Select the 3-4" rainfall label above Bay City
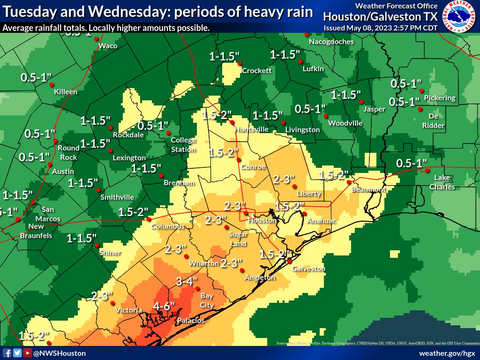tap(187, 282)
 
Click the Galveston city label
tap(308, 269)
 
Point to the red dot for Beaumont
tap(349, 182)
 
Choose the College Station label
tap(183, 144)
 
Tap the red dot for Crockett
tap(239, 63)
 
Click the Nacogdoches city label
tap(331, 42)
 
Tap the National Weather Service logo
tap(459, 16)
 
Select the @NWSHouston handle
tap(59, 353)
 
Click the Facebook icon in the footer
tap(7, 353)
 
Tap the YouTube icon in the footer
tap(28, 353)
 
